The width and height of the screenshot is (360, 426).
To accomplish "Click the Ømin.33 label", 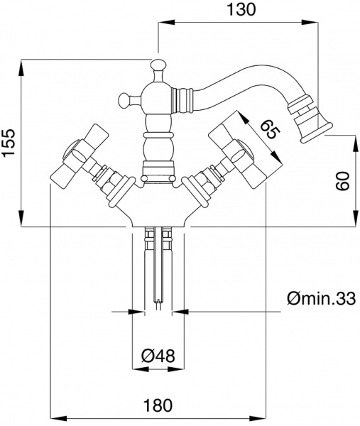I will pyautogui.click(x=320, y=299).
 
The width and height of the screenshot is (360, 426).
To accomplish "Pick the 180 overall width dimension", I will pyautogui.click(x=158, y=405).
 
